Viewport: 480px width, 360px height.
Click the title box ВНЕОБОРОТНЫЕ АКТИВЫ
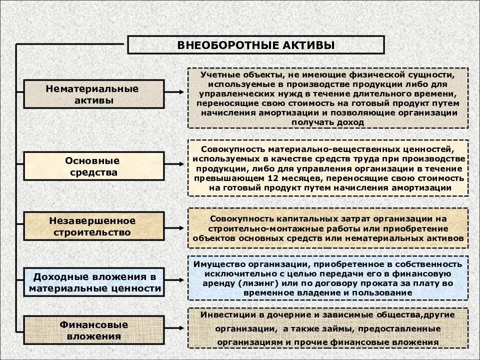pyautogui.click(x=255, y=45)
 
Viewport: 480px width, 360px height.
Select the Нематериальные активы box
pyautogui.click(x=93, y=94)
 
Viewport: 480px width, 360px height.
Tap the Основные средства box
pyautogui.click(x=93, y=166)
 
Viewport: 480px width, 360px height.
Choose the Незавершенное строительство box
pyautogui.click(x=93, y=226)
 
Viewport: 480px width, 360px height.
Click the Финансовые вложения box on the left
pyautogui.click(x=93, y=330)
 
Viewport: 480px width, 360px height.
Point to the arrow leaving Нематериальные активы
pyautogui.click(x=175, y=92)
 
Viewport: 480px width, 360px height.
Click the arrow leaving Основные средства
pyautogui.click(x=175, y=164)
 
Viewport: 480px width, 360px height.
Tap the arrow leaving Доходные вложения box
pyautogui.click(x=175, y=282)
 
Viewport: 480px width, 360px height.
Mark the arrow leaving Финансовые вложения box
pyautogui.click(x=175, y=330)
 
